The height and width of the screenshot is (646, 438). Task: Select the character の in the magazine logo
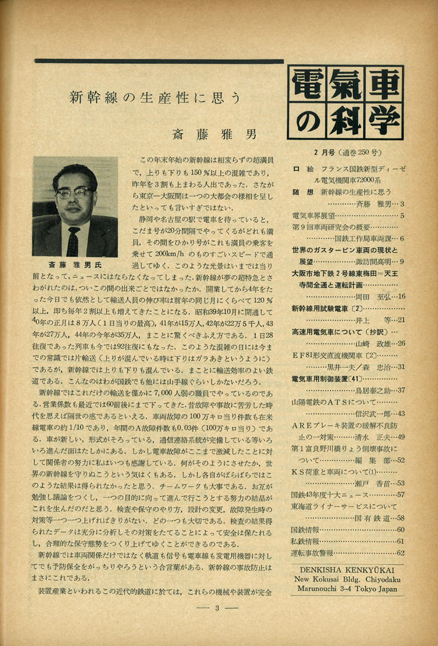pos(309,121)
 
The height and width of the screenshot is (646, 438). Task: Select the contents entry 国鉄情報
pos(306,529)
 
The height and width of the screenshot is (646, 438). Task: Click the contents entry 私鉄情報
pos(306,541)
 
